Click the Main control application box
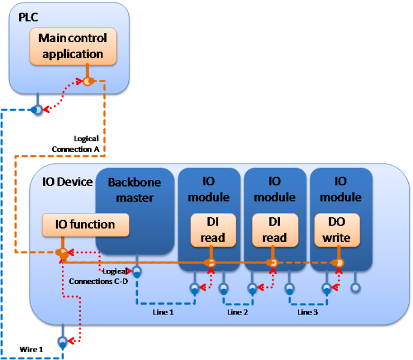(x=73, y=46)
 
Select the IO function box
(x=86, y=225)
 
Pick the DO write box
(x=336, y=230)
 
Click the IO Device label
(x=67, y=182)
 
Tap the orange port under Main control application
(x=88, y=81)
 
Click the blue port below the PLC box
(x=37, y=110)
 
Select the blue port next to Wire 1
(x=61, y=343)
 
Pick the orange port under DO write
(x=338, y=263)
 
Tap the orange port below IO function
(x=62, y=254)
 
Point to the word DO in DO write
(x=336, y=223)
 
